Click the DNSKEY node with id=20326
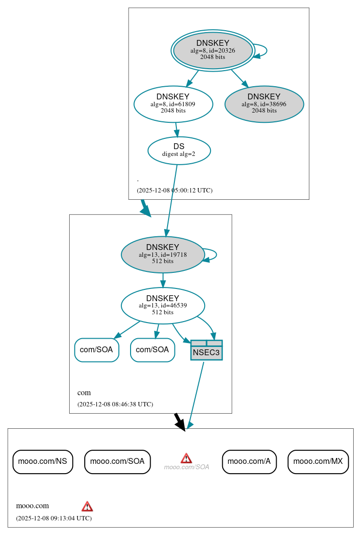point(213,50)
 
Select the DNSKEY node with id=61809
point(173,104)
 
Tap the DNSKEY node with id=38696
point(264,104)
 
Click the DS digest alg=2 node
point(179,150)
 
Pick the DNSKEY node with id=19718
point(163,254)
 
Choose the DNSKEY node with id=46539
point(163,306)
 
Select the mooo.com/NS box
point(43,461)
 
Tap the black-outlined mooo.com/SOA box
point(117,461)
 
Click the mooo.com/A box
point(249,461)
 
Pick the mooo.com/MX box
point(318,461)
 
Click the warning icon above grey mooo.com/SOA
point(186,458)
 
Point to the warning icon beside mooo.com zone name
point(87,506)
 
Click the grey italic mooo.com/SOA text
point(187,467)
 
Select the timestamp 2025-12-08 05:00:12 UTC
point(174,191)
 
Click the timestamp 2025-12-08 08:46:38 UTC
point(115,404)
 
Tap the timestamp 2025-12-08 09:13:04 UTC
point(54,518)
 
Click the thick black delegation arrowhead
point(181,425)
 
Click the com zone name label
point(84,393)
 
